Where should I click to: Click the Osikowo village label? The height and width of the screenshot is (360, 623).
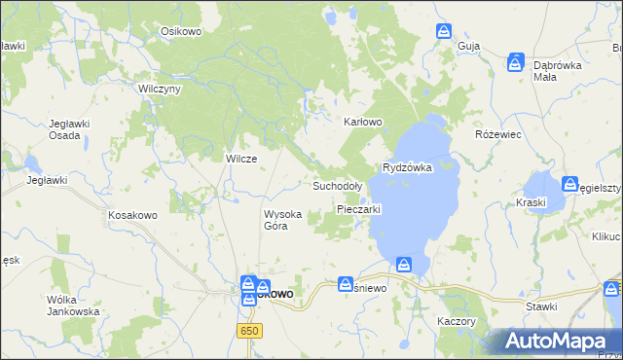[180, 31]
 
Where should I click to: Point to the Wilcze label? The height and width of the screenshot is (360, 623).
[241, 160]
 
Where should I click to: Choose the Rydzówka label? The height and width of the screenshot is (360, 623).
[407, 167]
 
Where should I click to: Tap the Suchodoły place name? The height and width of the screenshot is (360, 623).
[337, 185]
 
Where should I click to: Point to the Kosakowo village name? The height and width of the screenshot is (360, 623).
[132, 214]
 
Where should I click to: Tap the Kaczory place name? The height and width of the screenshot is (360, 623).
[456, 320]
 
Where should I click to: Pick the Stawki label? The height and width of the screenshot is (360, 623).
[541, 306]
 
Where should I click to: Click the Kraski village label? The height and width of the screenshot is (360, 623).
[532, 202]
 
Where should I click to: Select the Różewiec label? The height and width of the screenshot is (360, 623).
[494, 135]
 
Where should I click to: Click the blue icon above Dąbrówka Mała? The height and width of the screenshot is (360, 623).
[515, 63]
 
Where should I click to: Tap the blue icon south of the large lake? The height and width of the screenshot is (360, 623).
[404, 264]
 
